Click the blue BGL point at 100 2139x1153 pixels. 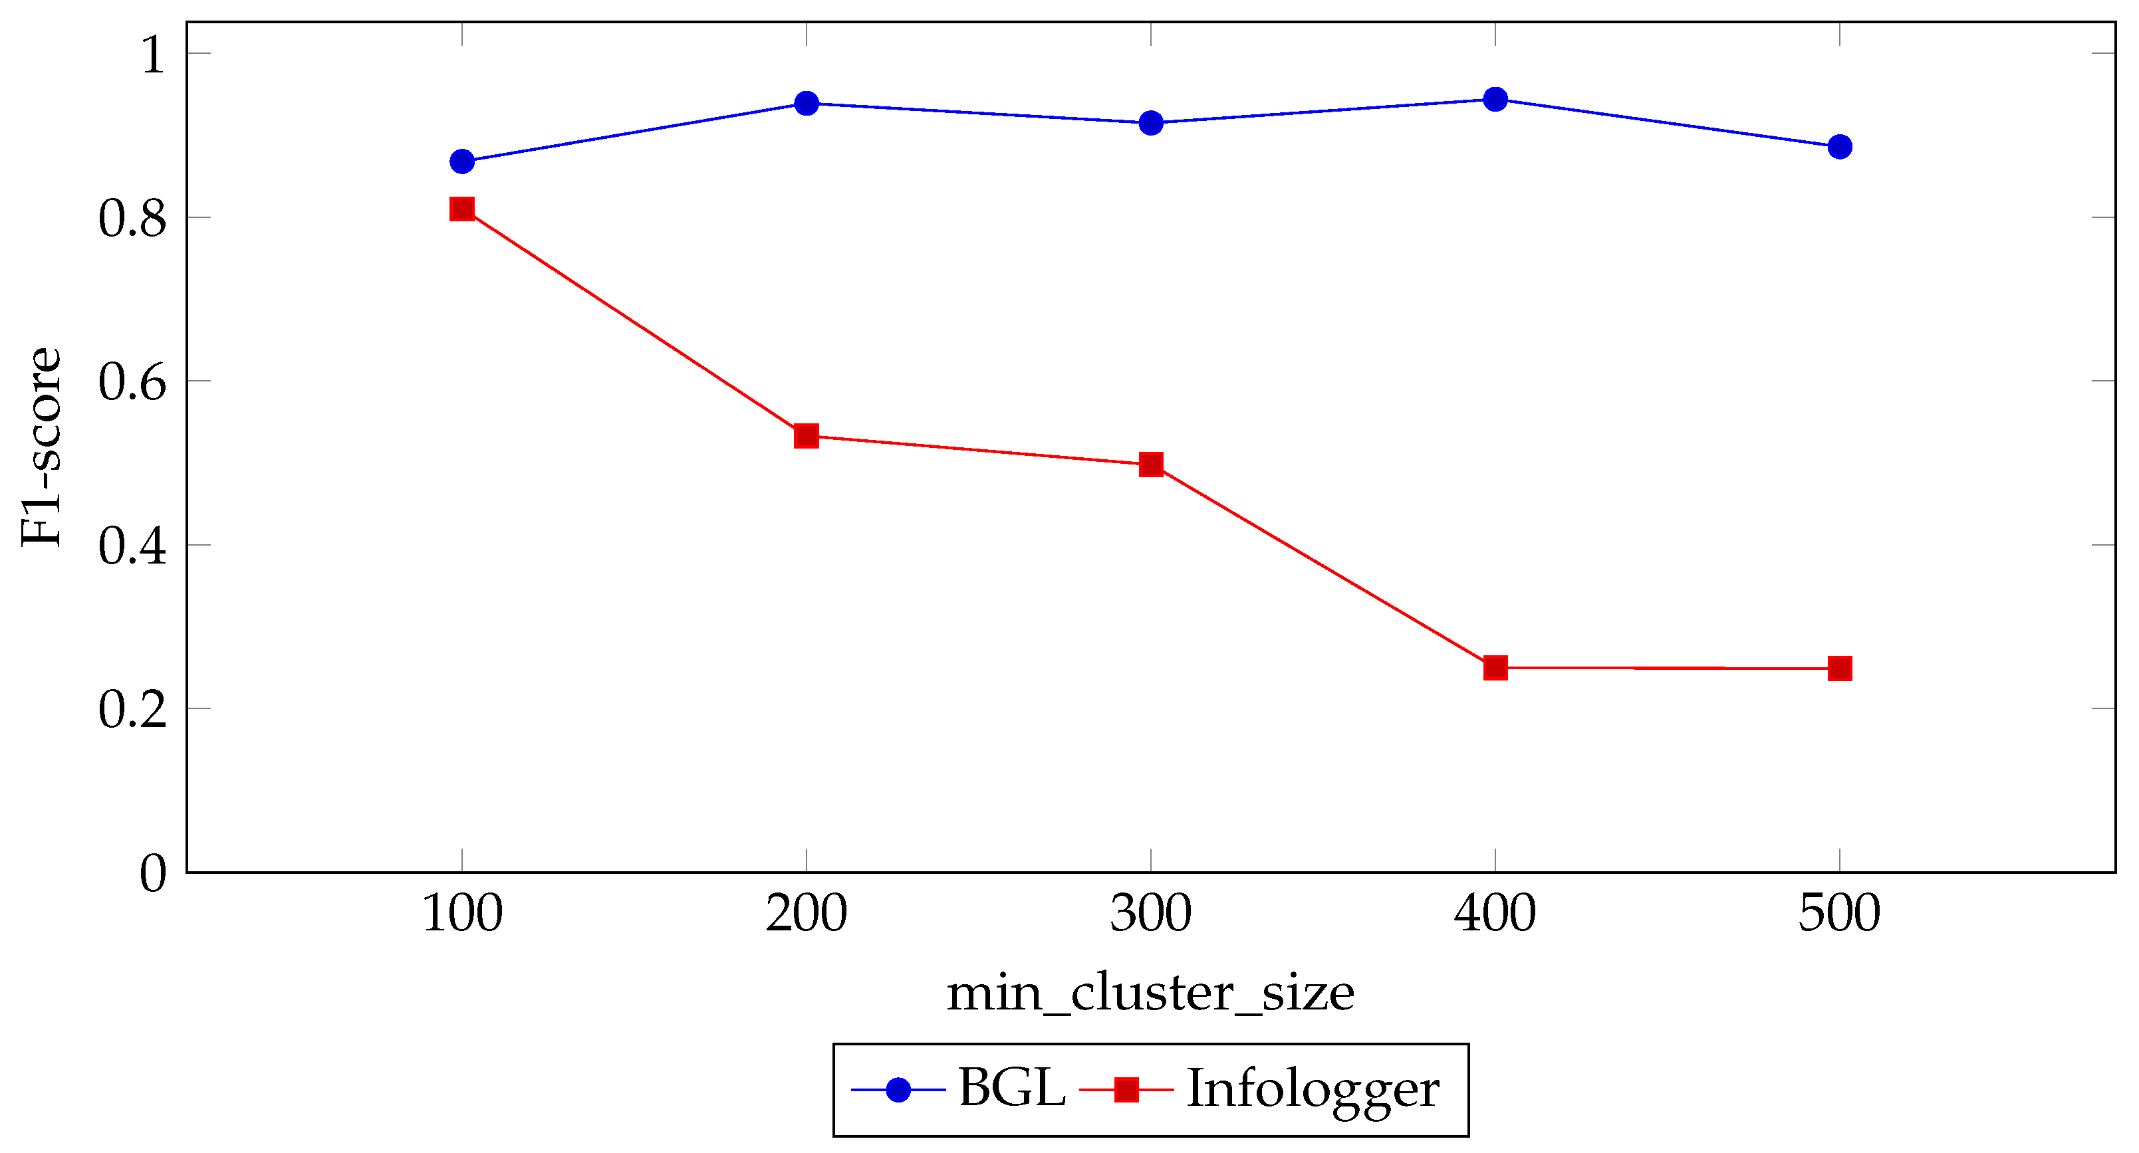(x=461, y=161)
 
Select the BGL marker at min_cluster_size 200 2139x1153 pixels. (x=807, y=103)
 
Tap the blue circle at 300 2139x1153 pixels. (x=1151, y=123)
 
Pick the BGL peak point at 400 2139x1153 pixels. (x=1495, y=100)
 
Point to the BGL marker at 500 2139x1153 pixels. (x=1840, y=147)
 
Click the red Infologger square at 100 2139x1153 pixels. (x=461, y=209)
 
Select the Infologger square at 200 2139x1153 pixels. (x=807, y=435)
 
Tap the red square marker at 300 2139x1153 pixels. (x=1151, y=464)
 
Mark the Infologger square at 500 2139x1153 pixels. (x=1840, y=669)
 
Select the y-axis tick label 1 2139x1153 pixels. (x=153, y=56)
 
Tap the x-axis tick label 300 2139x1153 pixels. (x=1151, y=913)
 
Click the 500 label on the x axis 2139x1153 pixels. (x=1840, y=913)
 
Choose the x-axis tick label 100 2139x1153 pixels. (x=461, y=913)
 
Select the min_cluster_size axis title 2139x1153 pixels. (x=1151, y=994)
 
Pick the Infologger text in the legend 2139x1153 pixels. (x=1313, y=1089)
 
